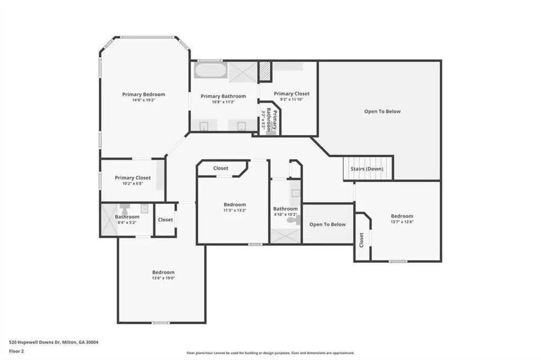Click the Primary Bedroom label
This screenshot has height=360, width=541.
[144, 94]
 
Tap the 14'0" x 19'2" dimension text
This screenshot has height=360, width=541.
[144, 100]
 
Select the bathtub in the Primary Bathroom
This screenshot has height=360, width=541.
[210, 70]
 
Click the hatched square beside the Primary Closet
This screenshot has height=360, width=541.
[265, 72]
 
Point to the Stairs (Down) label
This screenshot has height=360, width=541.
[367, 169]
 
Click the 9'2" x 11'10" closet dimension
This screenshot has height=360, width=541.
[292, 99]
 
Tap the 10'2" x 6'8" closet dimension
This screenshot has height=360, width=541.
[133, 184]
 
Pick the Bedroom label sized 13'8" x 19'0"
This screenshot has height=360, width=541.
[163, 272]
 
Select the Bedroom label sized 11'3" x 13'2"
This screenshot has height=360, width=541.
[235, 204]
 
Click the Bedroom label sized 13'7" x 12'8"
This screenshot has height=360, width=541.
[402, 216]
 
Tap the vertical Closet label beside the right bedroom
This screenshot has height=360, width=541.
[361, 240]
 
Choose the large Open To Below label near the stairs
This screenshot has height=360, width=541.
[383, 111]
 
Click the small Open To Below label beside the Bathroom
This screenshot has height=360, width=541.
[328, 224]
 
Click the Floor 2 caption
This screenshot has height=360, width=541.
[16, 352]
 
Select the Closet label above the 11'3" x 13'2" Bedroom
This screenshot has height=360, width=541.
[220, 168]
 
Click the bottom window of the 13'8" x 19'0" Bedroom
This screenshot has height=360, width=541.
[161, 323]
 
